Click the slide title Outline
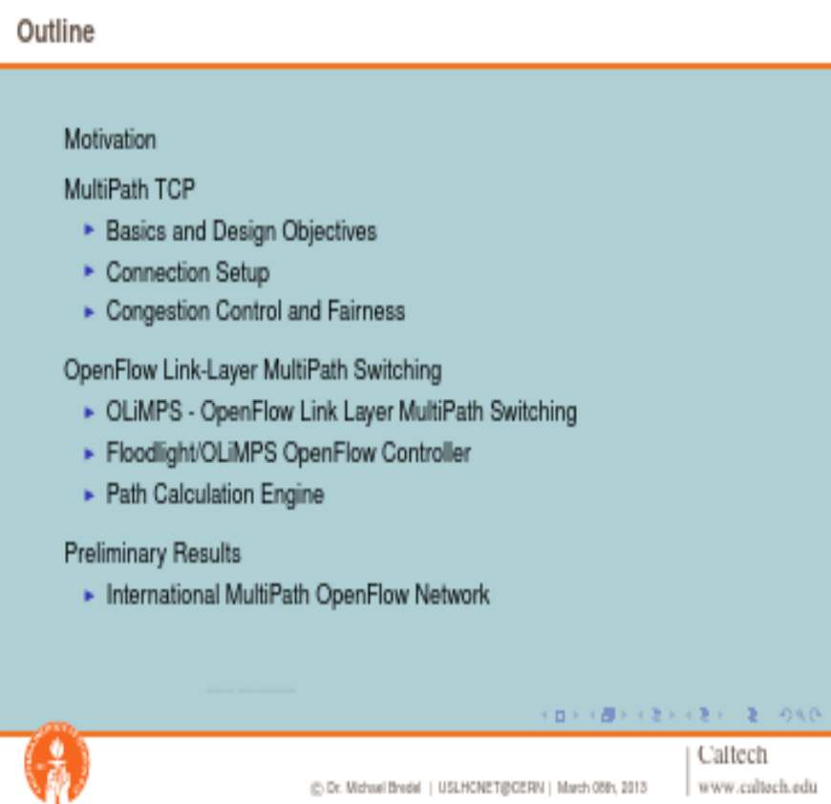(55, 32)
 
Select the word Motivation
(110, 139)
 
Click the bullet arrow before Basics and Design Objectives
(90, 230)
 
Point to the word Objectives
(330, 231)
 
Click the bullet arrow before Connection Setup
(90, 271)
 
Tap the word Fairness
(366, 310)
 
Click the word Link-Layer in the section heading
(210, 370)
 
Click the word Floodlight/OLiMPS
(191, 453)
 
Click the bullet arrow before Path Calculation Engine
(90, 495)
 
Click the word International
(162, 594)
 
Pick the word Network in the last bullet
(452, 594)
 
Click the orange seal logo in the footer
(57, 762)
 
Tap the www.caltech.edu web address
(757, 787)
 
